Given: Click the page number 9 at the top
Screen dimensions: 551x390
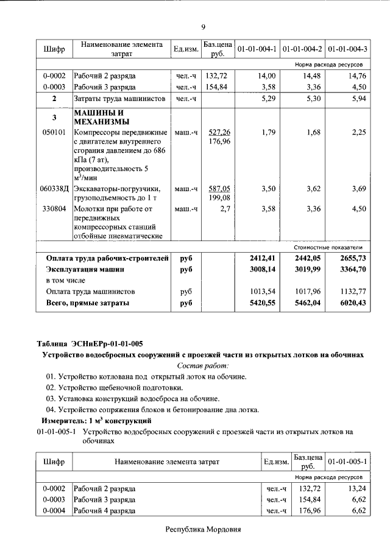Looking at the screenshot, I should click(204, 26).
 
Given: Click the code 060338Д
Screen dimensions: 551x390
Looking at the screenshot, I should click(55, 189).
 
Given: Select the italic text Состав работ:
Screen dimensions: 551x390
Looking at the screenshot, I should click(203, 366).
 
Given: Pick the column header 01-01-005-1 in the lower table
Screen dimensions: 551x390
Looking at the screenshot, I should click(348, 462).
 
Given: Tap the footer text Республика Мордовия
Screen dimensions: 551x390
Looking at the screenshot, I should click(204, 530).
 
